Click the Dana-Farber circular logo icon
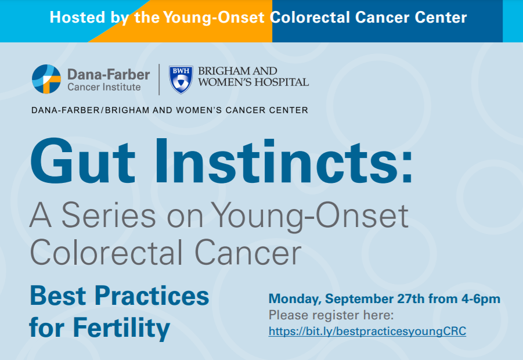tap(46, 79)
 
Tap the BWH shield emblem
tap(181, 80)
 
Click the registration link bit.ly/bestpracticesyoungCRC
tap(367, 332)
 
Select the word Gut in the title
tap(83, 162)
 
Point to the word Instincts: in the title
tap(283, 162)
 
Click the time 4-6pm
tap(481, 299)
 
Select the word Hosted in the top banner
tap(77, 17)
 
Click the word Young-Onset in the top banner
tap(214, 17)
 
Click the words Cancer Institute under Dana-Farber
tap(104, 87)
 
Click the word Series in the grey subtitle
tap(109, 215)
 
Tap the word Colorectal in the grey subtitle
tap(106, 252)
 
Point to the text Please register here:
tap(331, 315)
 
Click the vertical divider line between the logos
tap(159, 80)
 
